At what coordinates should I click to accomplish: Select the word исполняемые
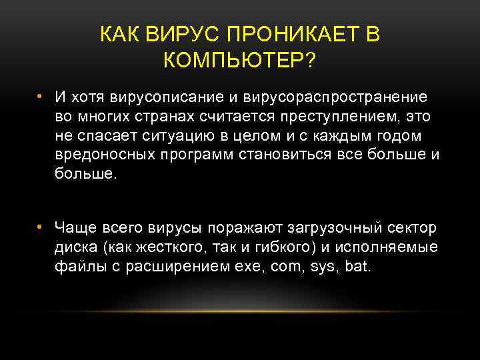pos(386,247)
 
